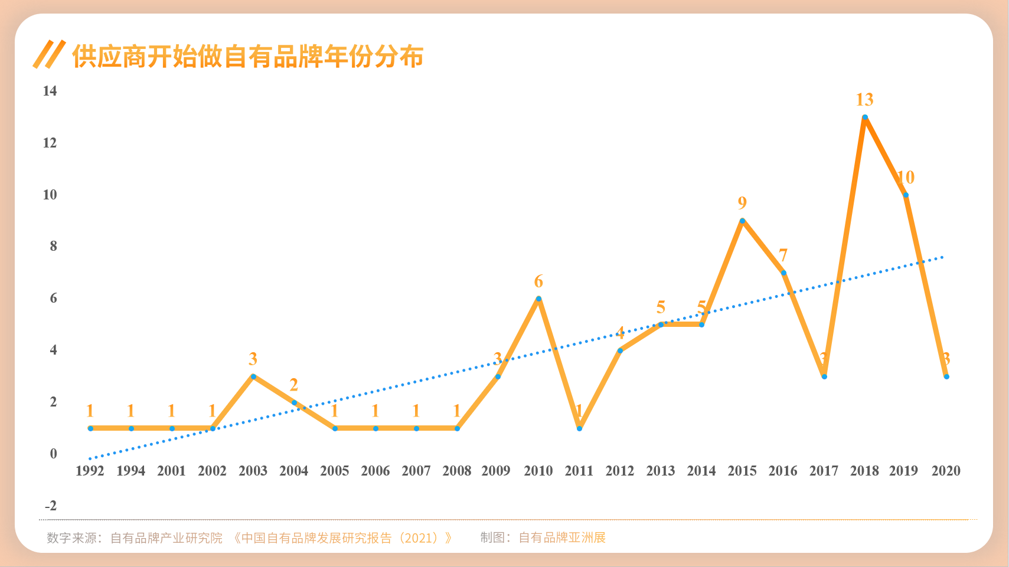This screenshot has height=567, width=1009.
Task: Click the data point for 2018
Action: coord(865,117)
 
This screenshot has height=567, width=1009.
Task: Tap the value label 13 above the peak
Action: coord(865,100)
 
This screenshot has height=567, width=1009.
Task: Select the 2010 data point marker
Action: coord(538,299)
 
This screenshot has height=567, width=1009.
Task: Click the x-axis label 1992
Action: coord(90,471)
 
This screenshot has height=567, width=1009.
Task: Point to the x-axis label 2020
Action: coord(946,471)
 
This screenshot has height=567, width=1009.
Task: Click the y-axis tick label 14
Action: coord(50,91)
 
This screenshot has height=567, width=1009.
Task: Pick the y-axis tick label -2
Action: coord(51,506)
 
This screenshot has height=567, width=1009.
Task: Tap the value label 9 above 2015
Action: coord(742,203)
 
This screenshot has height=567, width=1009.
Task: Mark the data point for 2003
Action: coord(253,376)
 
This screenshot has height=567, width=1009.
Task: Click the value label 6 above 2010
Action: coord(538,281)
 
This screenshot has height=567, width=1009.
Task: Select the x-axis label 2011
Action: coord(579,471)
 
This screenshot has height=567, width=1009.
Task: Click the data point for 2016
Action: coord(783,273)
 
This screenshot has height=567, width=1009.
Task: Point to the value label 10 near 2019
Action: coord(906,177)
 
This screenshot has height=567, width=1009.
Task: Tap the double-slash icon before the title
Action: coord(49,54)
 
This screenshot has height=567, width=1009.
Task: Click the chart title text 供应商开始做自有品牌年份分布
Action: coord(247,57)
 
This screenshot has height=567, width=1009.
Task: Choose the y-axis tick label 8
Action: coord(53,246)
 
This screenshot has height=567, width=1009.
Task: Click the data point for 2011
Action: coord(579,428)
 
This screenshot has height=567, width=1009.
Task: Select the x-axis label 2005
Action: coord(335,471)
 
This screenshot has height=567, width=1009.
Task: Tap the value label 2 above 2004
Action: coord(294,385)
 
